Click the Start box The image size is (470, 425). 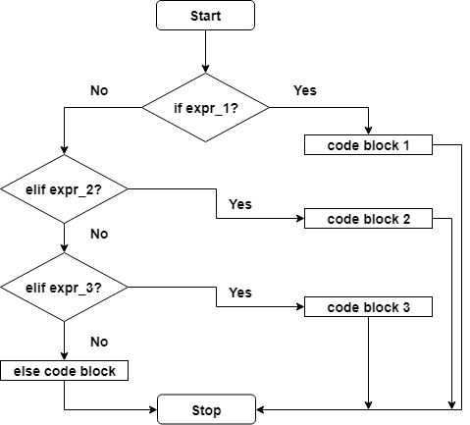(205, 16)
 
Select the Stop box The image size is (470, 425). (206, 409)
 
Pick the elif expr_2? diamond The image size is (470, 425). (65, 187)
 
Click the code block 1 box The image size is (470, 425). (368, 145)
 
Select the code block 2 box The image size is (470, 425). (368, 218)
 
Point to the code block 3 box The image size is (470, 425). (368, 307)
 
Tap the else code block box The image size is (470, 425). (64, 371)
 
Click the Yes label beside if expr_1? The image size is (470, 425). (305, 90)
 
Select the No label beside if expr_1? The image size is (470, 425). (99, 90)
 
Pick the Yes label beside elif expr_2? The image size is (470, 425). (239, 204)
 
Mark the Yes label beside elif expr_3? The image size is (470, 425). (239, 292)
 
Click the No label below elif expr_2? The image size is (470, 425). (98, 235)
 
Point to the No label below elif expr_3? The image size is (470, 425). (98, 342)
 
